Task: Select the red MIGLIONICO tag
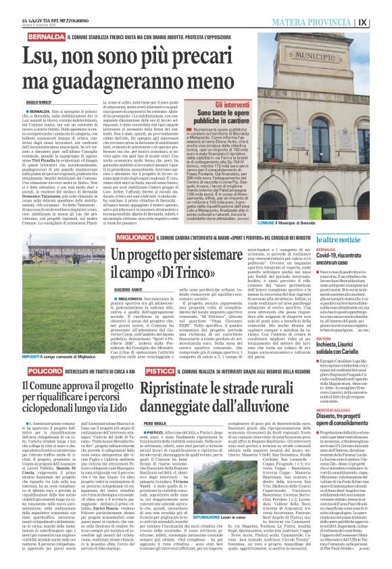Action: click(x=134, y=237)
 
